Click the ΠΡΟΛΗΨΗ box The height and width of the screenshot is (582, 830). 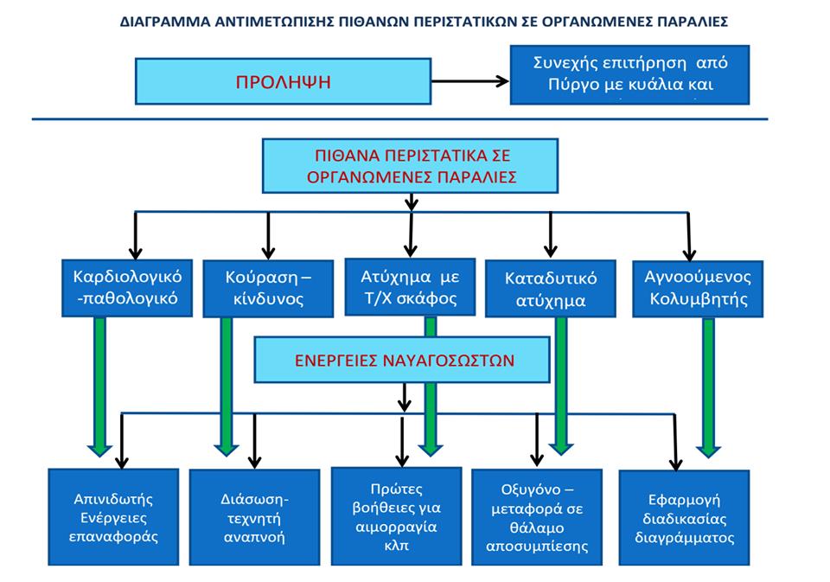(284, 82)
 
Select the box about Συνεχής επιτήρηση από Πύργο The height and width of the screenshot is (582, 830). (629, 74)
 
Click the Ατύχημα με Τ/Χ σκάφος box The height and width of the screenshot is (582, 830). (410, 288)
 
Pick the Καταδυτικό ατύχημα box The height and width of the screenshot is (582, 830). (552, 289)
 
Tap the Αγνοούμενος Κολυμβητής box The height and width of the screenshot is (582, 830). (698, 289)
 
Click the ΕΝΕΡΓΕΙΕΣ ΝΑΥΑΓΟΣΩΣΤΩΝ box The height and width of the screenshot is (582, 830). (403, 359)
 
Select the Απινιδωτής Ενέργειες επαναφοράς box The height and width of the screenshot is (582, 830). (113, 515)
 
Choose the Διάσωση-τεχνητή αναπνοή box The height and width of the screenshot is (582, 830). (254, 517)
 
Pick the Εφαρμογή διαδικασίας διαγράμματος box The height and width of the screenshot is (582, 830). (684, 517)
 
